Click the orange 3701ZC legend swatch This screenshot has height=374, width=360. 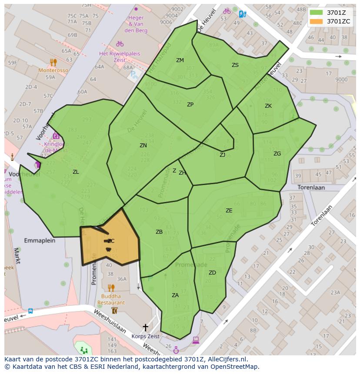click(x=317, y=21)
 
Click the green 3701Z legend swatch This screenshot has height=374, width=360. click(x=317, y=13)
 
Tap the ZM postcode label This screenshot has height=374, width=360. click(x=180, y=60)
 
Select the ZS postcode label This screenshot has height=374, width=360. click(x=235, y=65)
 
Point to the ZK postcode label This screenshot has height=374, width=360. click(x=268, y=106)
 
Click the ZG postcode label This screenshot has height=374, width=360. click(x=277, y=154)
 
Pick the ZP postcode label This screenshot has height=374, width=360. click(x=190, y=105)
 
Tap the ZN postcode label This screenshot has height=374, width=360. click(x=143, y=146)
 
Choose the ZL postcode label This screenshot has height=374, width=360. click(x=76, y=172)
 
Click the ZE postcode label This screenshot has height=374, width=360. click(x=229, y=211)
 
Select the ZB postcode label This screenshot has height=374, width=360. click(x=159, y=232)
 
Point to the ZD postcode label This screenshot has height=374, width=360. click(x=212, y=273)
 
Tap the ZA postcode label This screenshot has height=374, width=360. click(x=175, y=295)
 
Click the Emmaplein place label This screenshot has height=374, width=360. click(x=40, y=240)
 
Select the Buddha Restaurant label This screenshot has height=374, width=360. click(x=111, y=299)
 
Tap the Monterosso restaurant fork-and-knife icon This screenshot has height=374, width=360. click(x=53, y=62)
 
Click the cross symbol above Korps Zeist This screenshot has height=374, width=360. click(x=145, y=327)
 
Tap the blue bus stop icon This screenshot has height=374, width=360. click(x=30, y=311)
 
